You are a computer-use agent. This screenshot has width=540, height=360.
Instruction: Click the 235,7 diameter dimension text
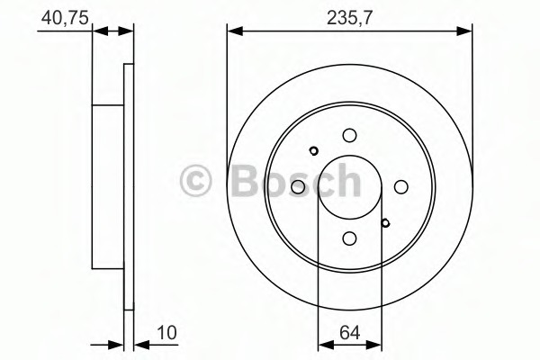click(x=349, y=15)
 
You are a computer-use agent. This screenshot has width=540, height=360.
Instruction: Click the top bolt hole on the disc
click(x=349, y=135)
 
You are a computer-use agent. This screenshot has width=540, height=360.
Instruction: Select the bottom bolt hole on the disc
click(x=349, y=238)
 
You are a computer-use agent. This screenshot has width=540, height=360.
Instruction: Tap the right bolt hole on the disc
click(x=400, y=186)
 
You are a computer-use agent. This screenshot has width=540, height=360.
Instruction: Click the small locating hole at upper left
click(x=313, y=150)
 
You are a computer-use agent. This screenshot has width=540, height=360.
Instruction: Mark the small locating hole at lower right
click(x=385, y=223)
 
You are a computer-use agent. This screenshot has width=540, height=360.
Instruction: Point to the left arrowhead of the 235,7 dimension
click(x=233, y=31)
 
